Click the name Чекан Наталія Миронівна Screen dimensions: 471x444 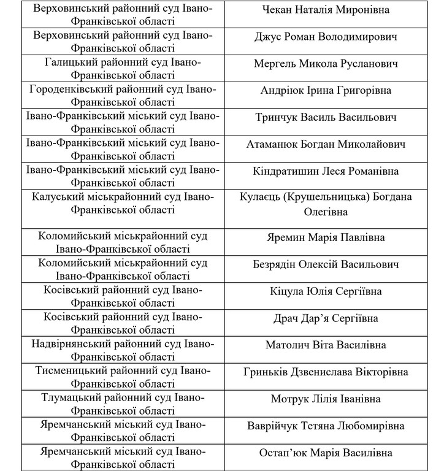coord(326,10)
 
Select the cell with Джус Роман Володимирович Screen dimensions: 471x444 coord(326,37)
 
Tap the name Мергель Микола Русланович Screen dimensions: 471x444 coord(326,64)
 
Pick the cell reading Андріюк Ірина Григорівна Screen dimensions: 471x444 coord(326,91)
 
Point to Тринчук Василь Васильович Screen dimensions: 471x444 coord(326,117)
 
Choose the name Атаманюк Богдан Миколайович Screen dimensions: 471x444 coord(326,144)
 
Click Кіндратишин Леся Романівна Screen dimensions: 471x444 coord(326,171)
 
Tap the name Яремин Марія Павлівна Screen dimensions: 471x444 coord(326,237)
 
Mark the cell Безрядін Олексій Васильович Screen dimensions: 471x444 coord(326,264)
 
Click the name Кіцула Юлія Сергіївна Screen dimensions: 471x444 coord(326,291)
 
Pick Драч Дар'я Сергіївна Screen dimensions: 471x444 coord(326,318)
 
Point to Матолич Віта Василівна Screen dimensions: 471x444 coord(326,345)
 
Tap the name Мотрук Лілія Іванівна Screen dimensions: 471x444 coord(326,399)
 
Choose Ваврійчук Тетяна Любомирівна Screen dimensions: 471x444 coord(326,426)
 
